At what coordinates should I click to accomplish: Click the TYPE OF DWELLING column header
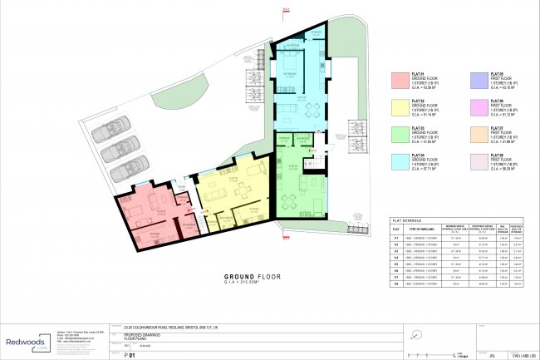tap(423, 228)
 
